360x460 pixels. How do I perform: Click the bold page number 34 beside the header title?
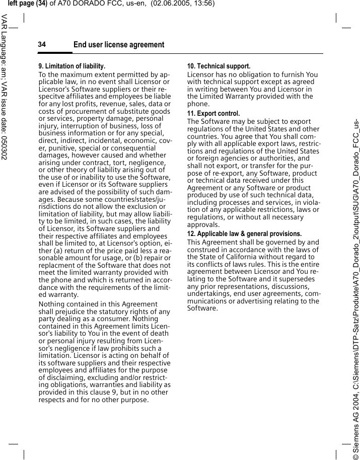click(42, 45)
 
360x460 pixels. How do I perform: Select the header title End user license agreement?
click(119, 45)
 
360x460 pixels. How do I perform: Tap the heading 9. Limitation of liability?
click(72, 66)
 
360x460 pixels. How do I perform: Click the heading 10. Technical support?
click(219, 66)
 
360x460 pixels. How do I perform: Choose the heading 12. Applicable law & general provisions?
click(244, 234)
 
